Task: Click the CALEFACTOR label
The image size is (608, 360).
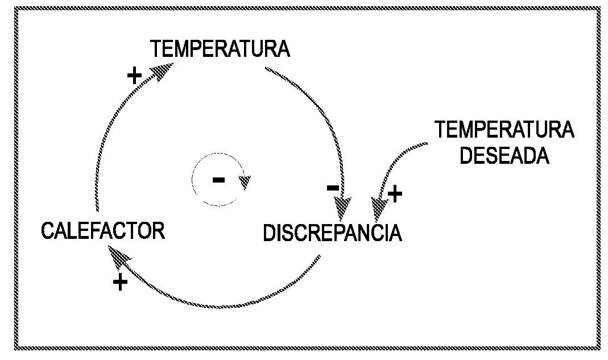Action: (103, 231)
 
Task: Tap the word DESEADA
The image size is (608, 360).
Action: (504, 155)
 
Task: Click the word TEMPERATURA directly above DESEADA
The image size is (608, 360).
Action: (504, 130)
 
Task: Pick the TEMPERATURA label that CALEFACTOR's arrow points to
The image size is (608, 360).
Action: (220, 49)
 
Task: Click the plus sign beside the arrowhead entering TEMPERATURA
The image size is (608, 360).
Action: (134, 75)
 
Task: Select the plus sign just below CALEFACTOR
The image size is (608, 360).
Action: (120, 282)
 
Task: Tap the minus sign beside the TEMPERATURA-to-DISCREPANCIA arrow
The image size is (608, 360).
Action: (333, 188)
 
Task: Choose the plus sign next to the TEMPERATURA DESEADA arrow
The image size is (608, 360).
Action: (395, 195)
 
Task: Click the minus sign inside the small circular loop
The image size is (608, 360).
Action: (218, 180)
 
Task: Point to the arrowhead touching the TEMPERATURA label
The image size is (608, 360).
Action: (162, 71)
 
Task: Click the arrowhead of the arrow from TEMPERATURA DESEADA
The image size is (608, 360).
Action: (378, 207)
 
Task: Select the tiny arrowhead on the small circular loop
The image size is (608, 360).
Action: (245, 182)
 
